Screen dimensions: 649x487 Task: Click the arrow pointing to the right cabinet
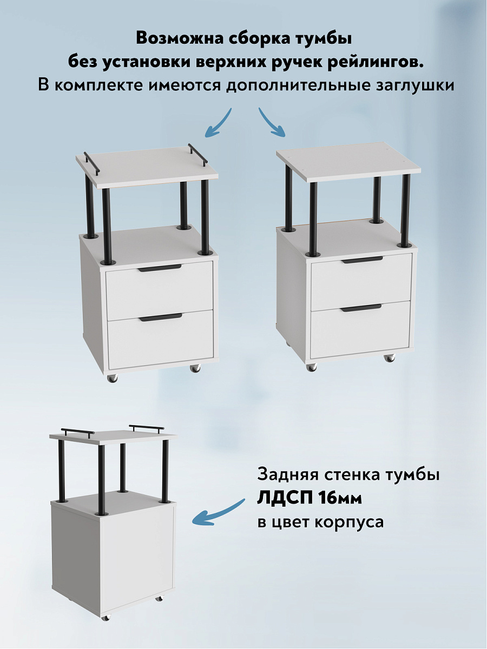point(272,123)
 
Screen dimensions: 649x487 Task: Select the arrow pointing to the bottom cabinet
point(219,513)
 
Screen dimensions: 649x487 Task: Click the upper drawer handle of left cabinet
point(160,269)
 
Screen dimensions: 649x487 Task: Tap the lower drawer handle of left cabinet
point(160,317)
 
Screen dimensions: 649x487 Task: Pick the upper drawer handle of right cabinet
point(361,260)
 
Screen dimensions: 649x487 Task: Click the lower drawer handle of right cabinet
point(361,308)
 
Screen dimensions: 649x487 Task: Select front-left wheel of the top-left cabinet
point(111,379)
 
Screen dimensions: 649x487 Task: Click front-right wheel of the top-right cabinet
point(389,357)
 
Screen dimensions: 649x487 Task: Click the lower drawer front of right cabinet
point(360,331)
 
